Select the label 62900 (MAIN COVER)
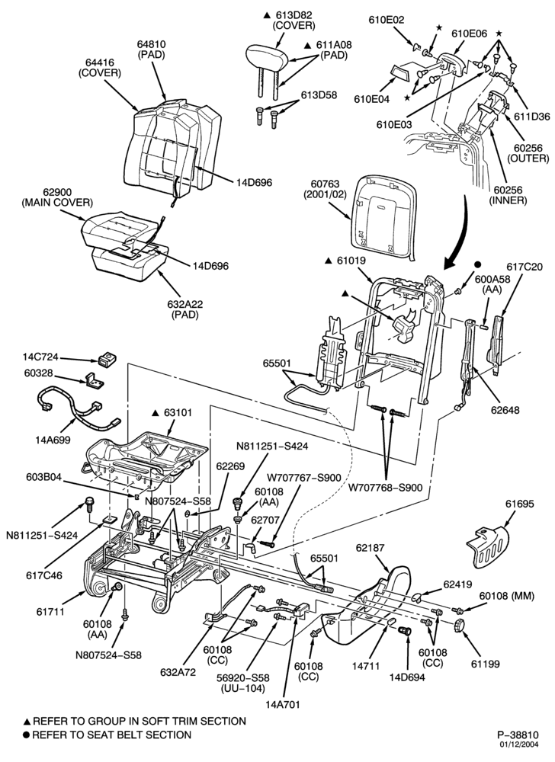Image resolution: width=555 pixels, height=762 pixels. pyautogui.click(x=57, y=197)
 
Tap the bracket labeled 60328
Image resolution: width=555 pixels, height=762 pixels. pyautogui.click(x=95, y=380)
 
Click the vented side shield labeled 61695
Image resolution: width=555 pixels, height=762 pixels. pyautogui.click(x=489, y=546)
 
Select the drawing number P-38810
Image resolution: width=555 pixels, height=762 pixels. pyautogui.click(x=518, y=734)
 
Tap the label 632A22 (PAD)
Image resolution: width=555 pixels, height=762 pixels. pyautogui.click(x=184, y=309)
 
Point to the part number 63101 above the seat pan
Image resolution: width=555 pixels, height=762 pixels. pyautogui.click(x=178, y=412)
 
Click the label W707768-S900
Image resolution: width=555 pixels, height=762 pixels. pyautogui.click(x=386, y=486)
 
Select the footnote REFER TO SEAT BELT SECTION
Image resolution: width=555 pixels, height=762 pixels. pyautogui.click(x=111, y=735)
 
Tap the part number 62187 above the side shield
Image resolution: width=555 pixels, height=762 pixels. pyautogui.click(x=371, y=547)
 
